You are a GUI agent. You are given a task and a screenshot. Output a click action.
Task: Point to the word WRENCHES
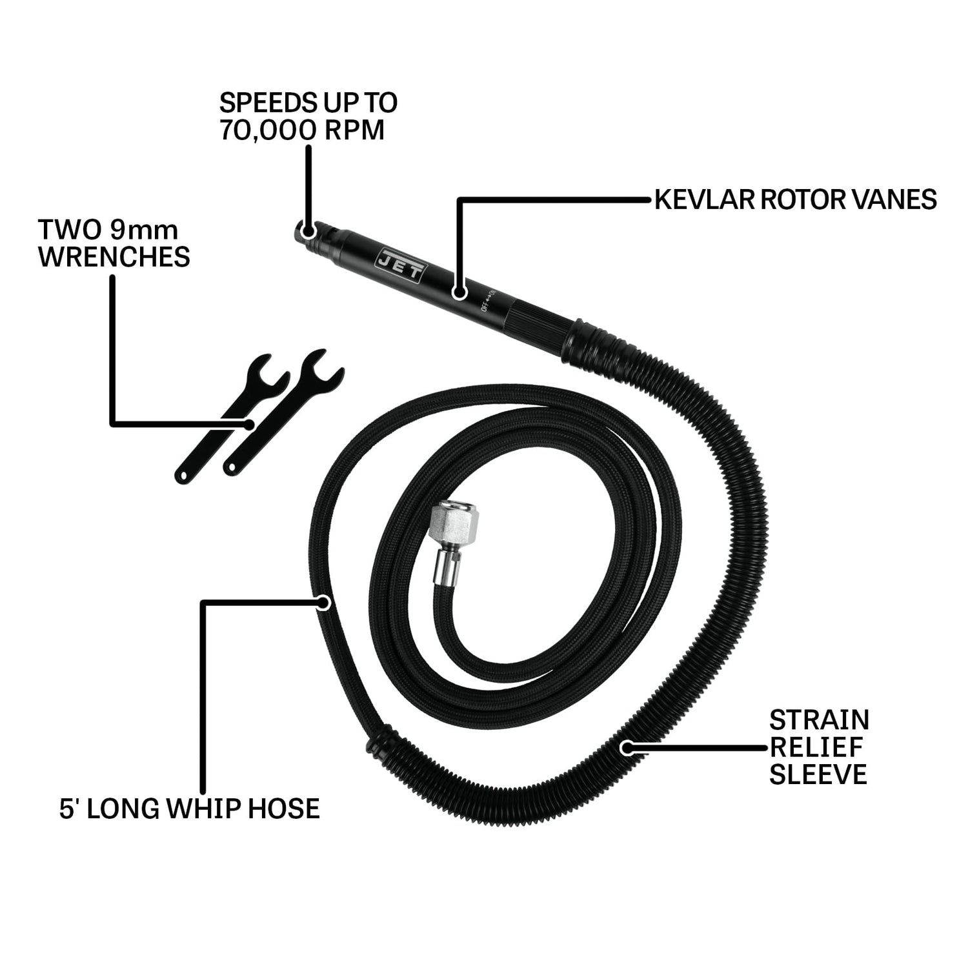[x=114, y=256]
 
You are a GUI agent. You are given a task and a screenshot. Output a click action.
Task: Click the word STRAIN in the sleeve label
[x=820, y=720]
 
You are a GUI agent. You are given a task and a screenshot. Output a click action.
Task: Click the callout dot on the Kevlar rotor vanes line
[x=459, y=292]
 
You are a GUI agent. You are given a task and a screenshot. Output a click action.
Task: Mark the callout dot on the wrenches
[x=248, y=424]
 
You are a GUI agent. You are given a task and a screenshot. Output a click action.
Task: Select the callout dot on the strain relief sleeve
[x=626, y=747]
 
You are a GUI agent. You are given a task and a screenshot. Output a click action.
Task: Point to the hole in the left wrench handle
[x=183, y=475]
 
